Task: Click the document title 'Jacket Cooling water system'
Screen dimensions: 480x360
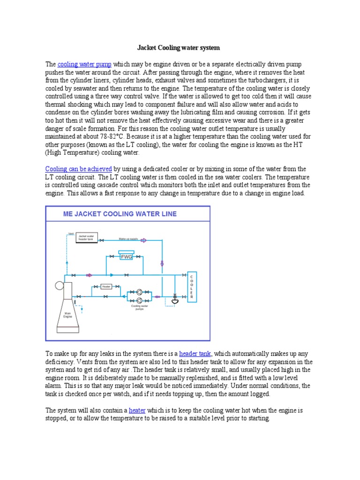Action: [x=178, y=48]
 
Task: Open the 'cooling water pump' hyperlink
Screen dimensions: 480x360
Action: [x=84, y=64]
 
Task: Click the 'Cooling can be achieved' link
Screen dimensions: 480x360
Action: [x=78, y=169]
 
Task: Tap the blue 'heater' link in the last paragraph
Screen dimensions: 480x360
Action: [x=137, y=410]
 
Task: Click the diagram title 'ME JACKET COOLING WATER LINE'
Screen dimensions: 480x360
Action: [x=120, y=214]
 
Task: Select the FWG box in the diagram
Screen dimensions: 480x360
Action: [x=127, y=256]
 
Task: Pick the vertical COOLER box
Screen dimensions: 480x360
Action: [x=191, y=285]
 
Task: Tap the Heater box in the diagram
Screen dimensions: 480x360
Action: [x=106, y=286]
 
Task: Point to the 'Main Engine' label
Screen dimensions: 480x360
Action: [x=67, y=315]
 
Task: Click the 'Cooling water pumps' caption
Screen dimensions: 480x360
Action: [x=140, y=308]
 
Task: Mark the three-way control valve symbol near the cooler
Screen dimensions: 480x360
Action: [x=175, y=299]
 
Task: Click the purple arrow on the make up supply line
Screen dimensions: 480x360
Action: [x=144, y=240]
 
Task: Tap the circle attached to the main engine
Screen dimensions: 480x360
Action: [x=59, y=285]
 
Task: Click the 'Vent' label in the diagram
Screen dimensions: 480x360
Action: [x=71, y=233]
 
